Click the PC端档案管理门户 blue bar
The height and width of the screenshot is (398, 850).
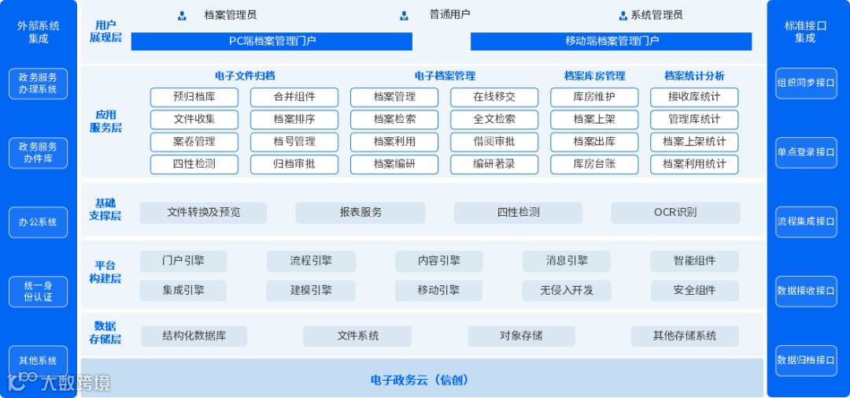[272, 41]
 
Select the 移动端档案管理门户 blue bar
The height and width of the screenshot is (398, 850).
[611, 41]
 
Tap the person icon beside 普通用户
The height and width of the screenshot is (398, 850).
[405, 15]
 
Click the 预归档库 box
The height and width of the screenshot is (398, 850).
[194, 97]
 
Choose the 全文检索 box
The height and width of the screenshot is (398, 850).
[494, 120]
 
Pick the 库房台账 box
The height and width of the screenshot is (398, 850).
[594, 165]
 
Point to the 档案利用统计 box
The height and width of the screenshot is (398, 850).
[694, 165]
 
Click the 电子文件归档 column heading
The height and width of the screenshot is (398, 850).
[245, 76]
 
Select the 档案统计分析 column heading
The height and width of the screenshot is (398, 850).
[694, 76]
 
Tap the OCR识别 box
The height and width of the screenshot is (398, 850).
[675, 213]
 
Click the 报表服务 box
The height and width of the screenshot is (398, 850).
[360, 213]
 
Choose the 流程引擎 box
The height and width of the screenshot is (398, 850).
[311, 261]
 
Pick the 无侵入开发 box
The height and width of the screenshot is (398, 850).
[567, 290]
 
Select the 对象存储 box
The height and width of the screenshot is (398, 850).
[521, 336]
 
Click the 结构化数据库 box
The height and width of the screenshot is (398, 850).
[194, 336]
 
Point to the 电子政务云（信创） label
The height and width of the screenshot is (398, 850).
[421, 380]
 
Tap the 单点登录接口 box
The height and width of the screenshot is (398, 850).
[806, 152]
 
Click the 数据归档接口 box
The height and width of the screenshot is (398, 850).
[806, 360]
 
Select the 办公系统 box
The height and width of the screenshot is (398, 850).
[38, 222]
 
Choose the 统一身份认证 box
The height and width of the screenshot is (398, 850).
[38, 292]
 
